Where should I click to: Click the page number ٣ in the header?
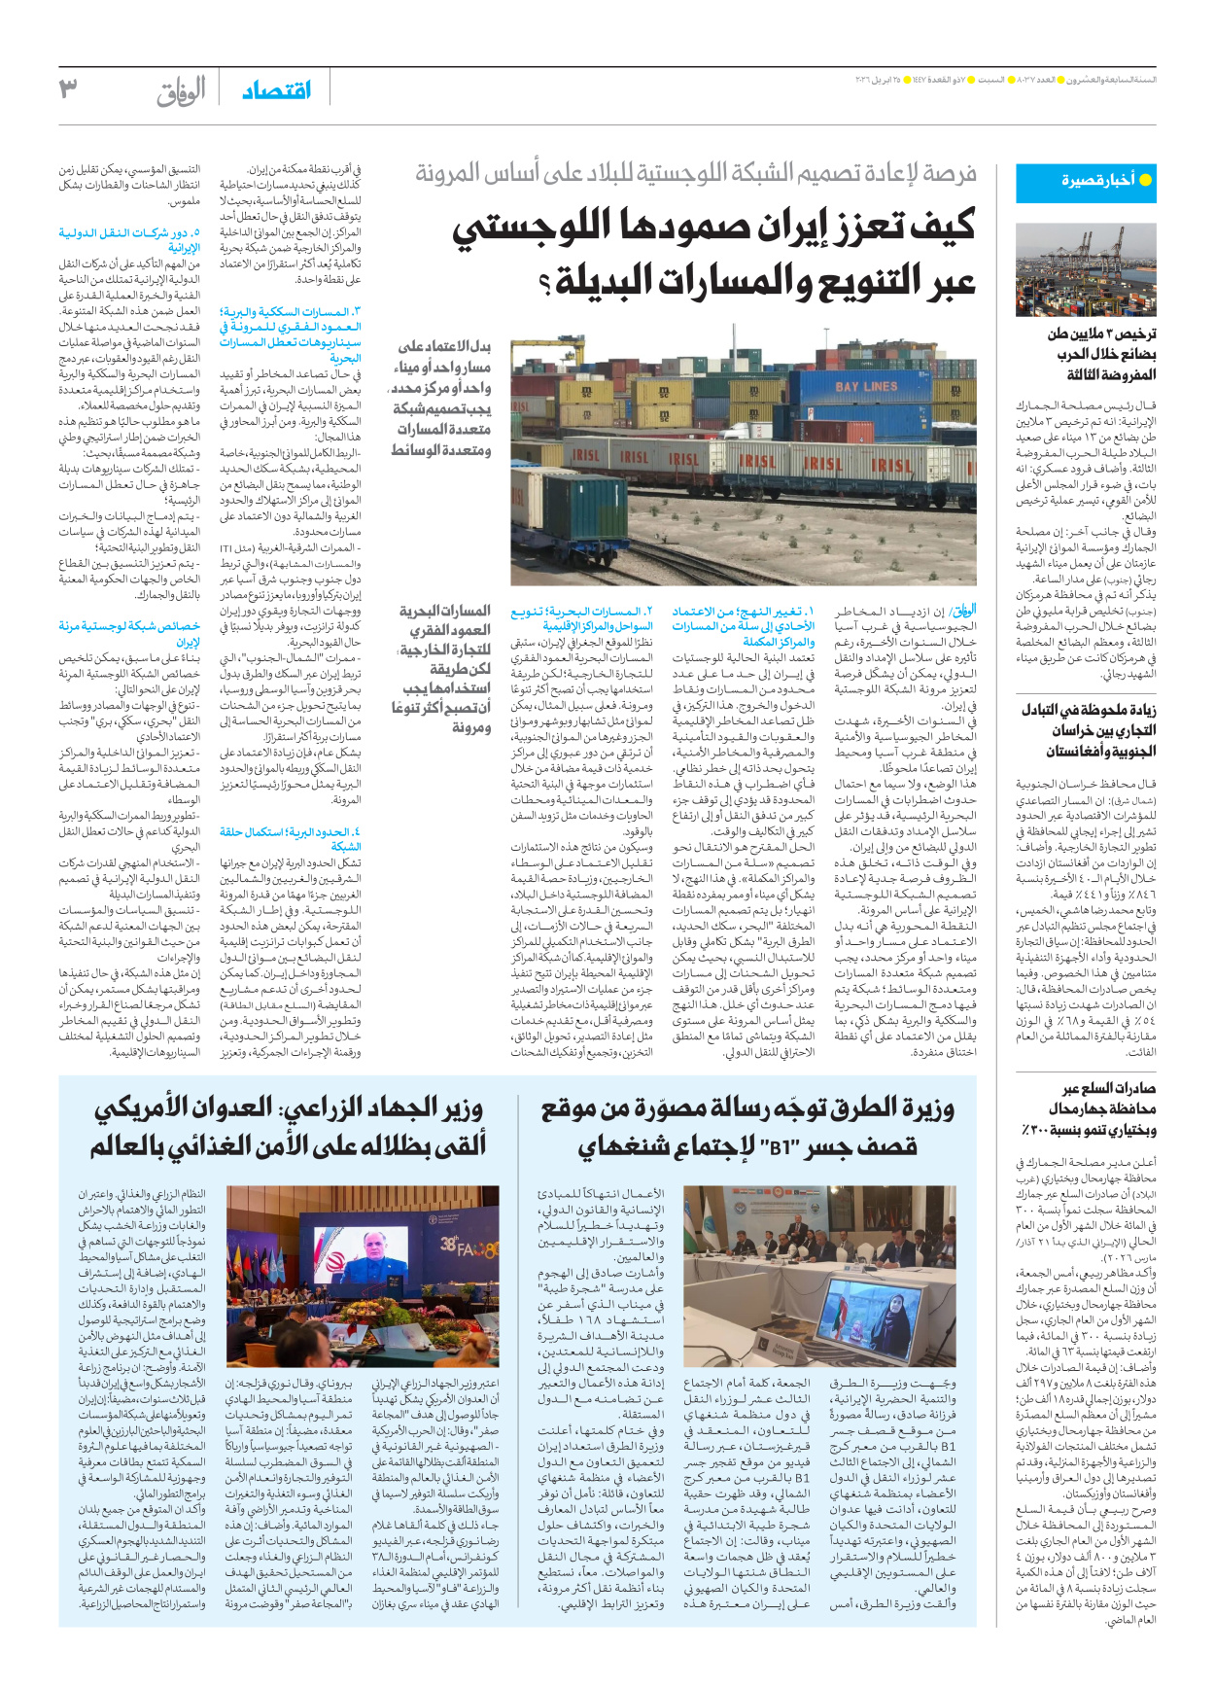[68, 89]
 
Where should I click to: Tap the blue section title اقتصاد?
[276, 90]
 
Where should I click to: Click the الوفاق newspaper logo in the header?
[181, 91]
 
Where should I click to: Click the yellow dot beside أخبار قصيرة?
[1145, 180]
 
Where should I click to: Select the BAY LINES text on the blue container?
[866, 386]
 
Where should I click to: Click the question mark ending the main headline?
[544, 285]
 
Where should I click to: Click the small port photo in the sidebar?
[1086, 269]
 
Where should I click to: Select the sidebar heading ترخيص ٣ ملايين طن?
[1101, 334]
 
